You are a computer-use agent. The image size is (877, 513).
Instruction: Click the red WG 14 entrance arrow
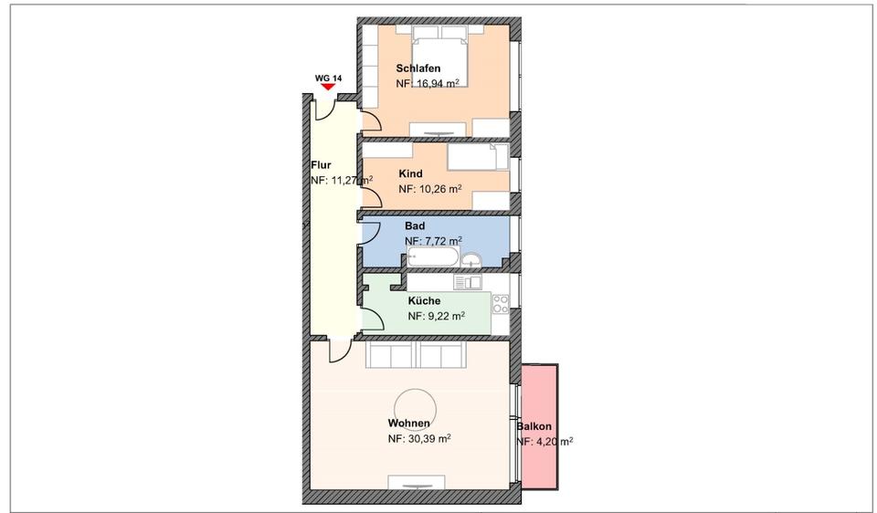[x=328, y=87]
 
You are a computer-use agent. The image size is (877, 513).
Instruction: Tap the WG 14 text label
[x=328, y=78]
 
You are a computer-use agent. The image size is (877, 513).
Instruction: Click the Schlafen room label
[x=418, y=68]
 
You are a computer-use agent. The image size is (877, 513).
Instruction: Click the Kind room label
[x=410, y=173]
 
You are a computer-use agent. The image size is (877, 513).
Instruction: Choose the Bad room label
[x=415, y=225]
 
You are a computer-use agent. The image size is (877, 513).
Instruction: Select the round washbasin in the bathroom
[x=471, y=260]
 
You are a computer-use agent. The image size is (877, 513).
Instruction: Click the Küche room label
[x=424, y=300]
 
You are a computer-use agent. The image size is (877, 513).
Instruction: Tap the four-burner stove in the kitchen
[x=501, y=303]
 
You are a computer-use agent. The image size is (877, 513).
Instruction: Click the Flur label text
[x=321, y=165]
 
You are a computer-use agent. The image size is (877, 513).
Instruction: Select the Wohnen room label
[x=408, y=424]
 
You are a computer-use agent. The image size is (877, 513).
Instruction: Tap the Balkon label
[x=534, y=426]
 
